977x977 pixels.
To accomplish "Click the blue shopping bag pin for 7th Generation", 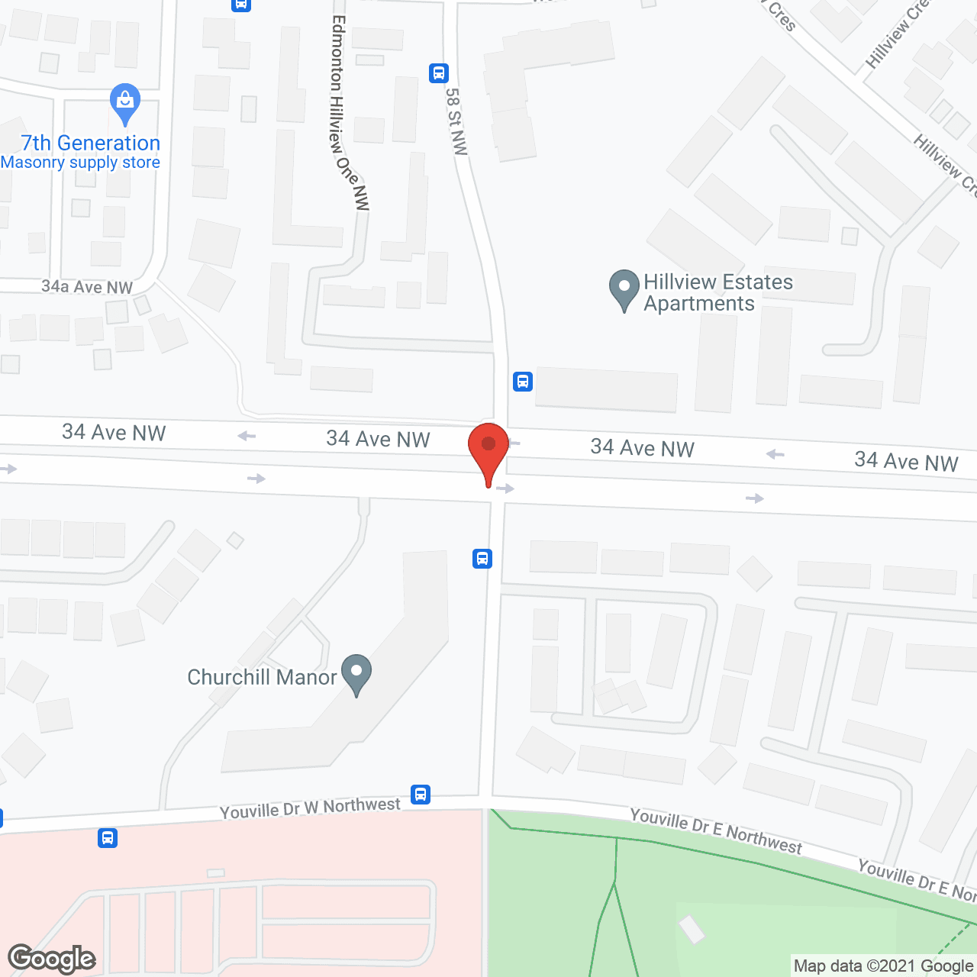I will tap(125, 103).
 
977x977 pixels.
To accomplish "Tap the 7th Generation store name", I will tap(91, 143).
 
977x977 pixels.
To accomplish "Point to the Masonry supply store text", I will tap(80, 163).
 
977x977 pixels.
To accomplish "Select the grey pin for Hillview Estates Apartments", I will tap(624, 290).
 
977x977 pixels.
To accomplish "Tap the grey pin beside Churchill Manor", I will tap(356, 674).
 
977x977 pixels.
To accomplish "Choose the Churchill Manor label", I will tap(262, 677).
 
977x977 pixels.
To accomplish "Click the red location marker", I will tap(488, 450).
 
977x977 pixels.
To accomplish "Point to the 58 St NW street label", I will tap(456, 121).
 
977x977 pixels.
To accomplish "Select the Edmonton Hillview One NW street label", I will tap(349, 113).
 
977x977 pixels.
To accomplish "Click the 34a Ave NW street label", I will tap(87, 287).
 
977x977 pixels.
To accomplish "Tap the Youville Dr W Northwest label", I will tap(310, 808).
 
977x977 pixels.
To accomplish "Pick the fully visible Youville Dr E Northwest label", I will tap(715, 830).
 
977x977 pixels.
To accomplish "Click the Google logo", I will tap(52, 959).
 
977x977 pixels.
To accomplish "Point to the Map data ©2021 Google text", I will tap(883, 966).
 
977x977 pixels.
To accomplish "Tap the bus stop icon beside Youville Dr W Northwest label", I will tap(421, 795).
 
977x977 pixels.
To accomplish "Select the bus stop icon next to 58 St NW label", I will tap(438, 73).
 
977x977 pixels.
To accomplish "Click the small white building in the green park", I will tap(692, 929).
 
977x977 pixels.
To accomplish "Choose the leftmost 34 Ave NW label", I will tap(114, 433).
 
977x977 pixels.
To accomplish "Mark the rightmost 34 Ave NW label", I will tap(906, 461).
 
